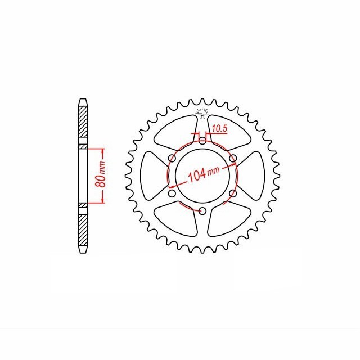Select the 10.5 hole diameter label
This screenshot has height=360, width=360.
coord(219,129)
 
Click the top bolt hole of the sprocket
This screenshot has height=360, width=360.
coord(202,140)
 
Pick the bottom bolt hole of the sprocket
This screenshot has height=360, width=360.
coord(202,211)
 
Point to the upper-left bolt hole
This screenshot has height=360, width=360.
coord(172,158)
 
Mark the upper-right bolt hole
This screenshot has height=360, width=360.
coord(232,158)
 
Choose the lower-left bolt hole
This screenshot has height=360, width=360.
coord(172,193)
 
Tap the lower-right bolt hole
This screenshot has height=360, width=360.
coord(232,193)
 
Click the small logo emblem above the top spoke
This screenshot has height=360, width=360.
coord(202,111)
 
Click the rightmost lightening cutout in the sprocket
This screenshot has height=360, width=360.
coord(253,175)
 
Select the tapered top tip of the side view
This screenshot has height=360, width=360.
coord(83,102)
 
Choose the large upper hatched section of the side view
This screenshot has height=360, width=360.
coord(83,125)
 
